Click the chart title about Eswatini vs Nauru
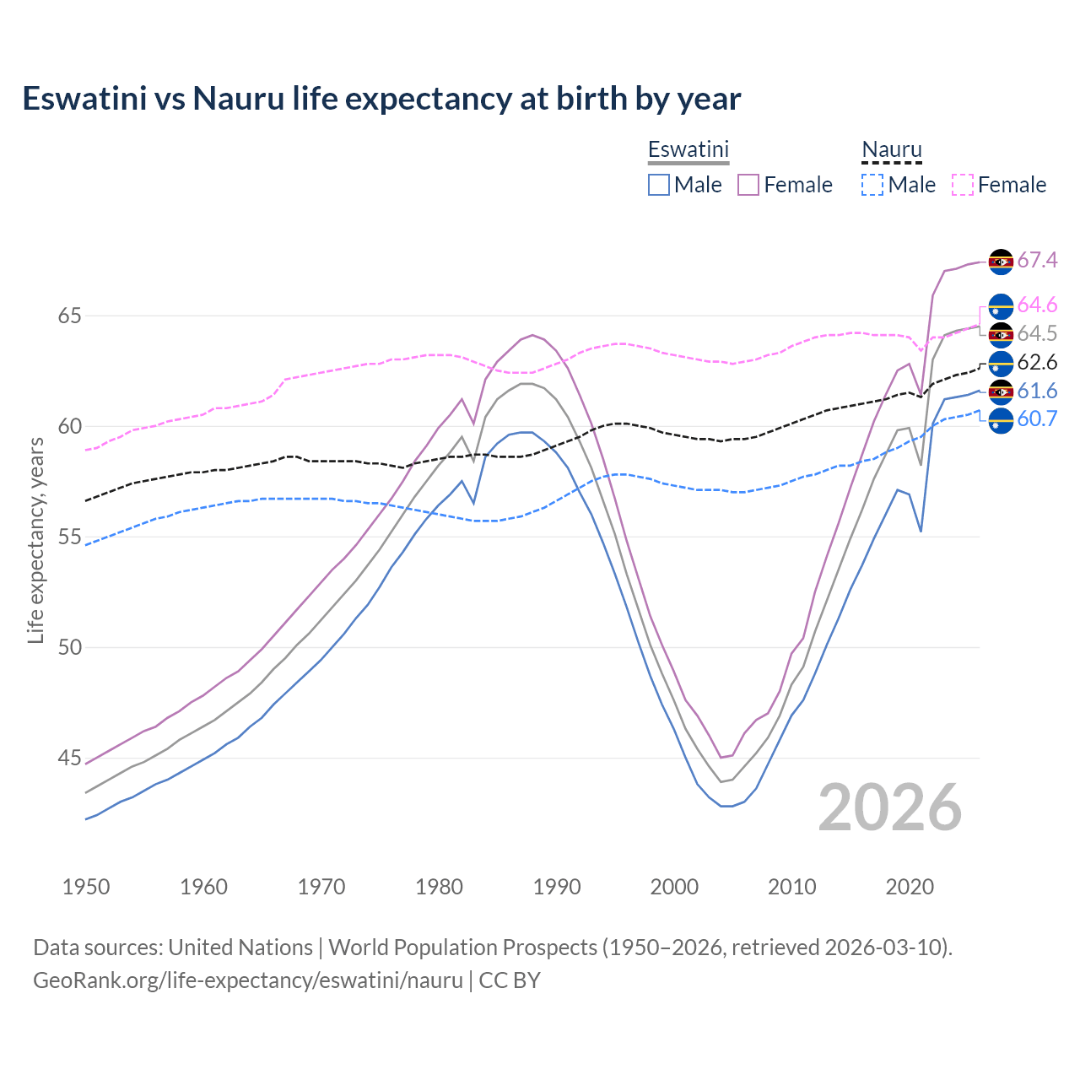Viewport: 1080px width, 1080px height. [x=381, y=99]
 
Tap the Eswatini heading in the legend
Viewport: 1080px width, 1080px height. [x=688, y=149]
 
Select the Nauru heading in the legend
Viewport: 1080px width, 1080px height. [x=891, y=149]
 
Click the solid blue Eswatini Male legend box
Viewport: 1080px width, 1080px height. [x=659, y=185]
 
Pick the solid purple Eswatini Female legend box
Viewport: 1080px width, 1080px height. [x=748, y=185]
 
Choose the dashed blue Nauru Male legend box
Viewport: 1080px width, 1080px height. [x=872, y=185]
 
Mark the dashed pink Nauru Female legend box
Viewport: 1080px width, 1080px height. [x=963, y=185]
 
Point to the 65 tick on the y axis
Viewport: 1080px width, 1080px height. [x=70, y=316]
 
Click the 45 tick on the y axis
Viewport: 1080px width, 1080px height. [x=70, y=758]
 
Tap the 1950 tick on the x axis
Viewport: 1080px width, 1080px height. [x=86, y=887]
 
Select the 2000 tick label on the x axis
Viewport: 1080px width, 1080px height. [x=674, y=887]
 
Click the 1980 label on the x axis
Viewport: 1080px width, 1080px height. [x=440, y=887]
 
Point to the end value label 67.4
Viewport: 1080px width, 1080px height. [x=1037, y=261]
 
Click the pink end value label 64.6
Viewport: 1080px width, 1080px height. [x=1037, y=305]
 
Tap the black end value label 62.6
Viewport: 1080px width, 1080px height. [x=1037, y=363]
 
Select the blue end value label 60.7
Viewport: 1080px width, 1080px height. [x=1037, y=419]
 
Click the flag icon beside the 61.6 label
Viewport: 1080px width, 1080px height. [x=1001, y=391]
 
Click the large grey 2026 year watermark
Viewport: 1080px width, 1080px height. [x=889, y=807]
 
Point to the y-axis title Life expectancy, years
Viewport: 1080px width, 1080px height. [x=35, y=540]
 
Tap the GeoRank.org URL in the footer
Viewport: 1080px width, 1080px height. [x=248, y=980]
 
